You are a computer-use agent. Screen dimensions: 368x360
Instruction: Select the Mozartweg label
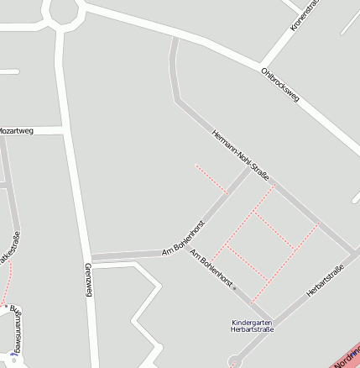pyautogui.click(x=15, y=131)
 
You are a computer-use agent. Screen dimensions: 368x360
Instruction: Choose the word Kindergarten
pyautogui.click(x=253, y=322)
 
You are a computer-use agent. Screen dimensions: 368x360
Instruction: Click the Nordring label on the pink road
pyautogui.click(x=346, y=359)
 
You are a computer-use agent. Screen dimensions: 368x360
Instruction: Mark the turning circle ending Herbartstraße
pyautogui.click(x=234, y=361)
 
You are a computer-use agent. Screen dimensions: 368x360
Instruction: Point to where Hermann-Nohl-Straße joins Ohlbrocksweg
pyautogui.click(x=175, y=38)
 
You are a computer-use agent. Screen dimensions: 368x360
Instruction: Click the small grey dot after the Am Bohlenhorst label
pyautogui.click(x=235, y=288)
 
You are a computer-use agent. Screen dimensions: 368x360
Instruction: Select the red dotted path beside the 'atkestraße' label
pyautogui.click(x=10, y=277)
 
